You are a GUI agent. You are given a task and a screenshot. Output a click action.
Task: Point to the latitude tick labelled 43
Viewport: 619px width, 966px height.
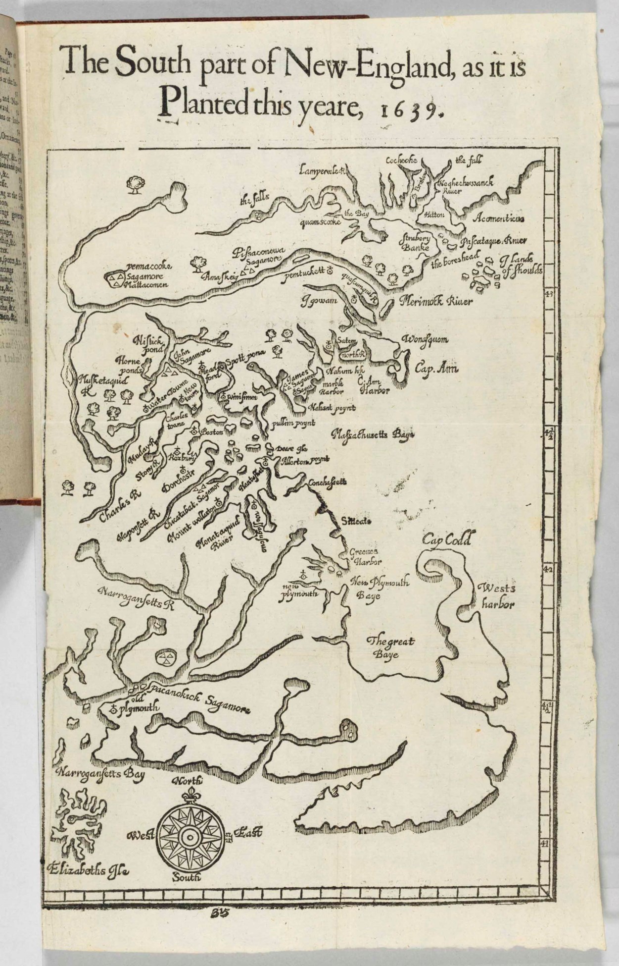pos(548,294)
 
